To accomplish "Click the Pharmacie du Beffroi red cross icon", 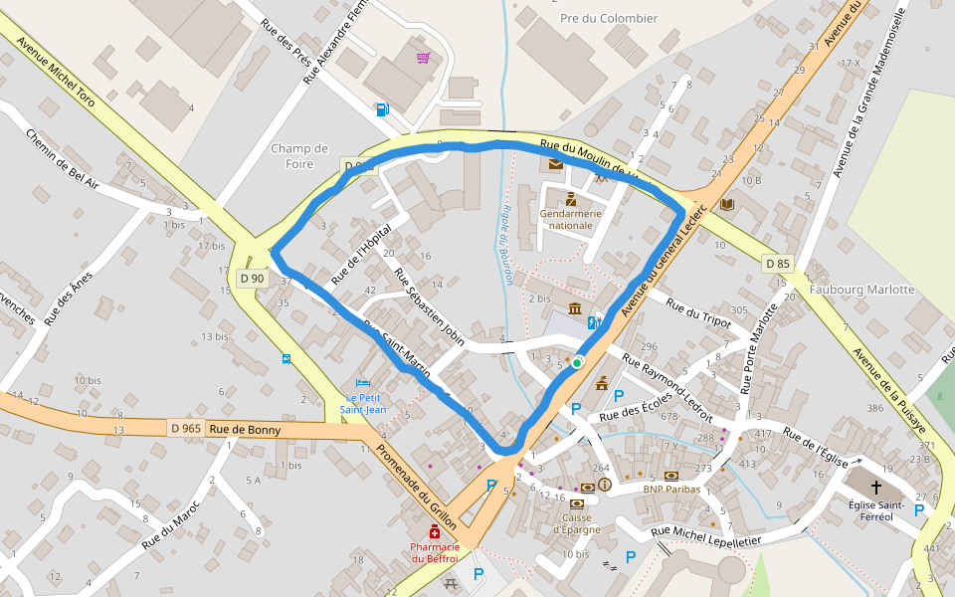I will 435,534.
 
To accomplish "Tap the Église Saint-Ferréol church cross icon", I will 876,488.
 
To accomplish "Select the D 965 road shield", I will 186,429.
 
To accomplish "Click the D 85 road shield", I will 779,264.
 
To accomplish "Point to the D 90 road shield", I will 252,279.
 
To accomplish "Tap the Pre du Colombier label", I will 609,18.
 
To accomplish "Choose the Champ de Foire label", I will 298,156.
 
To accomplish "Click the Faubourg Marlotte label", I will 861,290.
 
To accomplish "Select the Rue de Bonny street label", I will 246,430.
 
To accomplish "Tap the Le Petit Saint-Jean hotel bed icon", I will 363,383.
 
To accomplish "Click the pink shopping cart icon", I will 424,57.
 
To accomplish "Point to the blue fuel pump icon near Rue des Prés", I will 383,109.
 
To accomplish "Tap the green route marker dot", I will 576,363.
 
